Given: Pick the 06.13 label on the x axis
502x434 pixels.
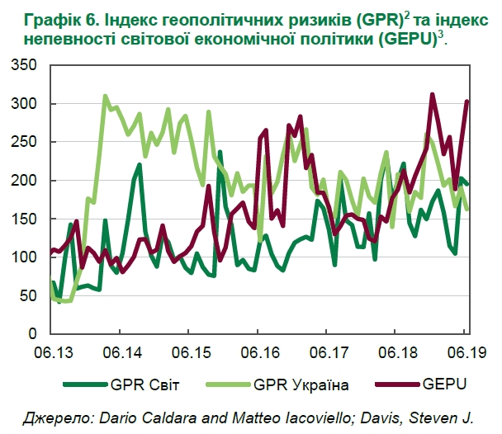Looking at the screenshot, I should pos(52,352).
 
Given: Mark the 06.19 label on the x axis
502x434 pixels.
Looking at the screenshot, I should pos(463,352).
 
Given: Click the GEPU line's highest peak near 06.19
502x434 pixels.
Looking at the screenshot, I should pos(433,95).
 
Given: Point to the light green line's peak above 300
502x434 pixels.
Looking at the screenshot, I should pos(106,97).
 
